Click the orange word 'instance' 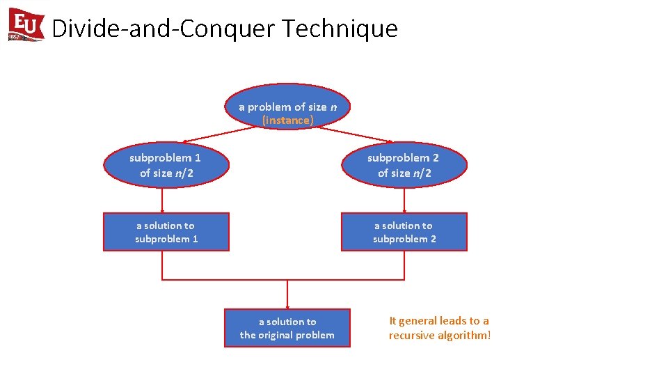pyautogui.click(x=287, y=120)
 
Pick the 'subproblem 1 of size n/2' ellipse pyautogui.click(x=166, y=165)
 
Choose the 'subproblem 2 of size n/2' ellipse pyautogui.click(x=404, y=165)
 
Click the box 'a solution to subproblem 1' pyautogui.click(x=166, y=232)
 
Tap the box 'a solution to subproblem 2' pyautogui.click(x=404, y=232)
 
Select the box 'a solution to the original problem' pyautogui.click(x=287, y=328)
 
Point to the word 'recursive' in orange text pyautogui.click(x=411, y=336)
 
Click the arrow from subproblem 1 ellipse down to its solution pyautogui.click(x=162, y=201)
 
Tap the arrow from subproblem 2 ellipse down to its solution pyautogui.click(x=404, y=201)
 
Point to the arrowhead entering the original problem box pyautogui.click(x=287, y=306)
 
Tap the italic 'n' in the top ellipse pyautogui.click(x=333, y=107)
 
